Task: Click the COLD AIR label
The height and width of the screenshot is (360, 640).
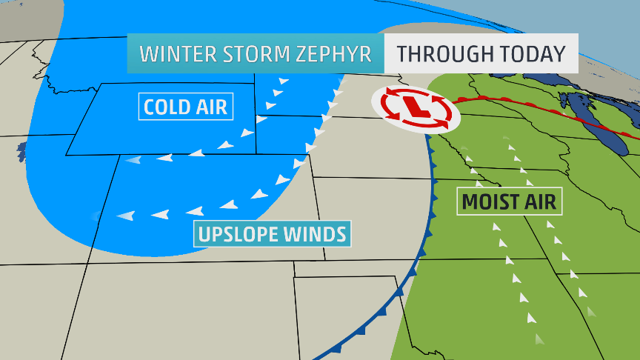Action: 186,107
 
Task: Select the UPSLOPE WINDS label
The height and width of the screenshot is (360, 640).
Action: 273,234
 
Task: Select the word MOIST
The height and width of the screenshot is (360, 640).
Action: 487,200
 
